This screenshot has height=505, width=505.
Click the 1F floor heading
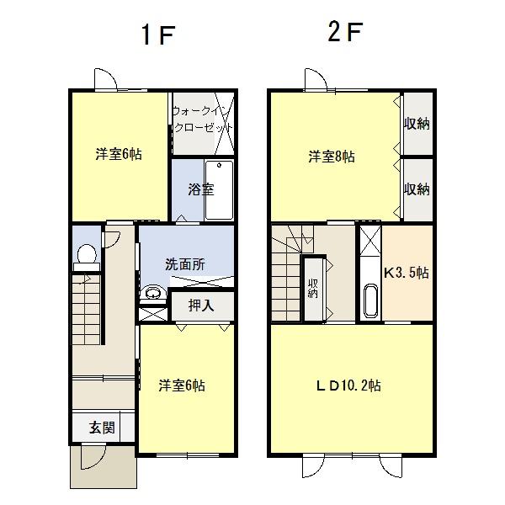[x=158, y=35]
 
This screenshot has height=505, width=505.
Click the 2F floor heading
[x=345, y=32]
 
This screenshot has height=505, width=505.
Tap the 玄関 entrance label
[x=102, y=428]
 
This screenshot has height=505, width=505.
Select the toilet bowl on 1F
[x=87, y=254]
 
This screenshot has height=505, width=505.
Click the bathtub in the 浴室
[x=219, y=190]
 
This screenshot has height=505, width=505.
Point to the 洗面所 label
[x=185, y=264]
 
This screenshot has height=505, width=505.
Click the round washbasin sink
[x=153, y=293]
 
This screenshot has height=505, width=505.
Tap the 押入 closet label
[x=201, y=306]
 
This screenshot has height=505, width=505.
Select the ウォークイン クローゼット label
[x=202, y=120]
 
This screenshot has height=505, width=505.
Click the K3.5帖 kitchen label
[x=407, y=273]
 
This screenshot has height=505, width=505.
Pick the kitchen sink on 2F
[x=370, y=300]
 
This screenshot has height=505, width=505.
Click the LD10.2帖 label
[x=348, y=385]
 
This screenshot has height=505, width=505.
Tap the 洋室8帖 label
[x=332, y=157]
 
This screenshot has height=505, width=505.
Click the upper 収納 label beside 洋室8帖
[x=417, y=124]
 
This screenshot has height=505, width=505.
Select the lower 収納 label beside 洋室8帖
[x=417, y=189]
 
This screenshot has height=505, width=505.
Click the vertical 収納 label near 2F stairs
[x=313, y=288]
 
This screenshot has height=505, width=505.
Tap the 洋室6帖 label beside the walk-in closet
[x=119, y=154]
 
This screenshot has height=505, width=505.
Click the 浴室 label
[x=201, y=189]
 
